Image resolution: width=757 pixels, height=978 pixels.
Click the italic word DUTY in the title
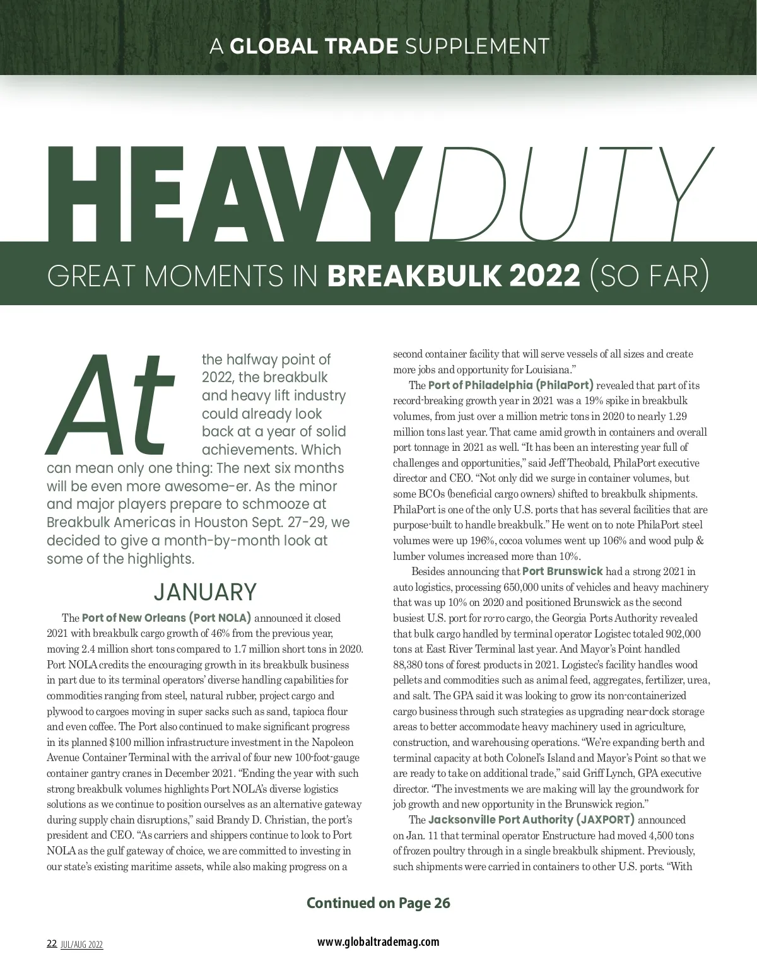point(568,195)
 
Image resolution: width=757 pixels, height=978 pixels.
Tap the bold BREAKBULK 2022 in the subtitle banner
point(454,276)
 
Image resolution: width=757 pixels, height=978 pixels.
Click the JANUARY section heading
point(205,592)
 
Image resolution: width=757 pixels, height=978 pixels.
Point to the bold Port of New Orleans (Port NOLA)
point(167,617)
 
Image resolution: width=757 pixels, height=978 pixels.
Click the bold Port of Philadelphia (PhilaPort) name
point(510,385)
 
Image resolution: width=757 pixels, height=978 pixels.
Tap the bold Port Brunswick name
point(562,571)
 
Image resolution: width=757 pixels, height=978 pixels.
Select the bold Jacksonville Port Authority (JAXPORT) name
point(531,820)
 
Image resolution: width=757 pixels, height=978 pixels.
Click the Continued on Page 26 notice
point(378,903)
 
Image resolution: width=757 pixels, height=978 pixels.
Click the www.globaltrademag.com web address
point(378,941)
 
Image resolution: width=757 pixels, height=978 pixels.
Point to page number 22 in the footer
point(52,944)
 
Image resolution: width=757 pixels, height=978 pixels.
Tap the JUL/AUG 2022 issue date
point(82,945)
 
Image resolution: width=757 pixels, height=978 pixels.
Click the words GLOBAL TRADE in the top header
point(314,46)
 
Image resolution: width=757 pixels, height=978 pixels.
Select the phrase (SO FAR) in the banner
point(648,276)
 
